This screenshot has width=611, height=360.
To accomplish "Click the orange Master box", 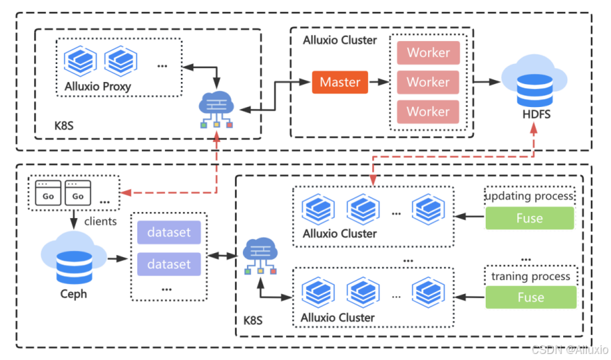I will (x=340, y=82).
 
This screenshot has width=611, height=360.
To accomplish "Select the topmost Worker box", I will (x=428, y=52).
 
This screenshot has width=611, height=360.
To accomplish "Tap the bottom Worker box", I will (x=428, y=112).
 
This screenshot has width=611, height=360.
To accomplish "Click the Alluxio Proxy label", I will (x=98, y=86).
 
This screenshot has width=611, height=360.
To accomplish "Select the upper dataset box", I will (x=169, y=233).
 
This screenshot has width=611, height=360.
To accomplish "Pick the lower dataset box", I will (x=169, y=264).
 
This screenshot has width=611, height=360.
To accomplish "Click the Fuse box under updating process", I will (x=530, y=218).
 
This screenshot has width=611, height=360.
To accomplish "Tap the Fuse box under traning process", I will (x=530, y=297).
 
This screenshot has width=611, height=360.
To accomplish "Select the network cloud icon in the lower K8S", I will (x=258, y=256).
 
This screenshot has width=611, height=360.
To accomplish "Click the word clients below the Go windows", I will (x=100, y=221).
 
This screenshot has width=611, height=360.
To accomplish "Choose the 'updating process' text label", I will (x=530, y=196).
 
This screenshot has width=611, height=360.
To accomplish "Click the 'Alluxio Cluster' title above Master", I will (x=340, y=40).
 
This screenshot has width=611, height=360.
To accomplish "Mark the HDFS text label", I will (x=536, y=114).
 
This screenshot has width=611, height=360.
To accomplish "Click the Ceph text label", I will (x=73, y=294).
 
